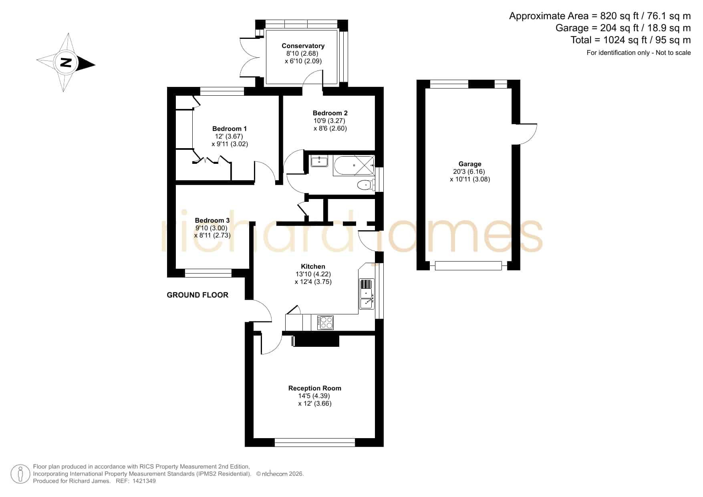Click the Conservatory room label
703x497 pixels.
[x=303, y=46]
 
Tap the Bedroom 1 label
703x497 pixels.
[x=230, y=129]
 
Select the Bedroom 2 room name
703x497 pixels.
[x=330, y=113]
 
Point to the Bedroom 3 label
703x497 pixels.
[x=212, y=220]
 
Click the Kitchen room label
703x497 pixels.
[x=313, y=266]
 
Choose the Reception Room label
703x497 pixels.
[x=315, y=388]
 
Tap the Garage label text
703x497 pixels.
[x=470, y=164]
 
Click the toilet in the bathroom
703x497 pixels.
[x=365, y=185]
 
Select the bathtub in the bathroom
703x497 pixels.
[x=353, y=165]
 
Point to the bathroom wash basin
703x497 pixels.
[x=319, y=161]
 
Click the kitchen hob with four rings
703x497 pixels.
[x=325, y=323]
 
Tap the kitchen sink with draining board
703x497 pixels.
[x=367, y=294]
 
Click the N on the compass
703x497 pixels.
[x=66, y=62]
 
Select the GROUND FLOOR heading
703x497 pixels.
[x=197, y=295]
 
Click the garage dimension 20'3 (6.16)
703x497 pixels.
[x=469, y=171]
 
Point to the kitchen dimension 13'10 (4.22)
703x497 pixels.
[x=313, y=274]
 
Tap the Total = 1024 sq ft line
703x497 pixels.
[x=630, y=40]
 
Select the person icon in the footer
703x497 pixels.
[x=20, y=474]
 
